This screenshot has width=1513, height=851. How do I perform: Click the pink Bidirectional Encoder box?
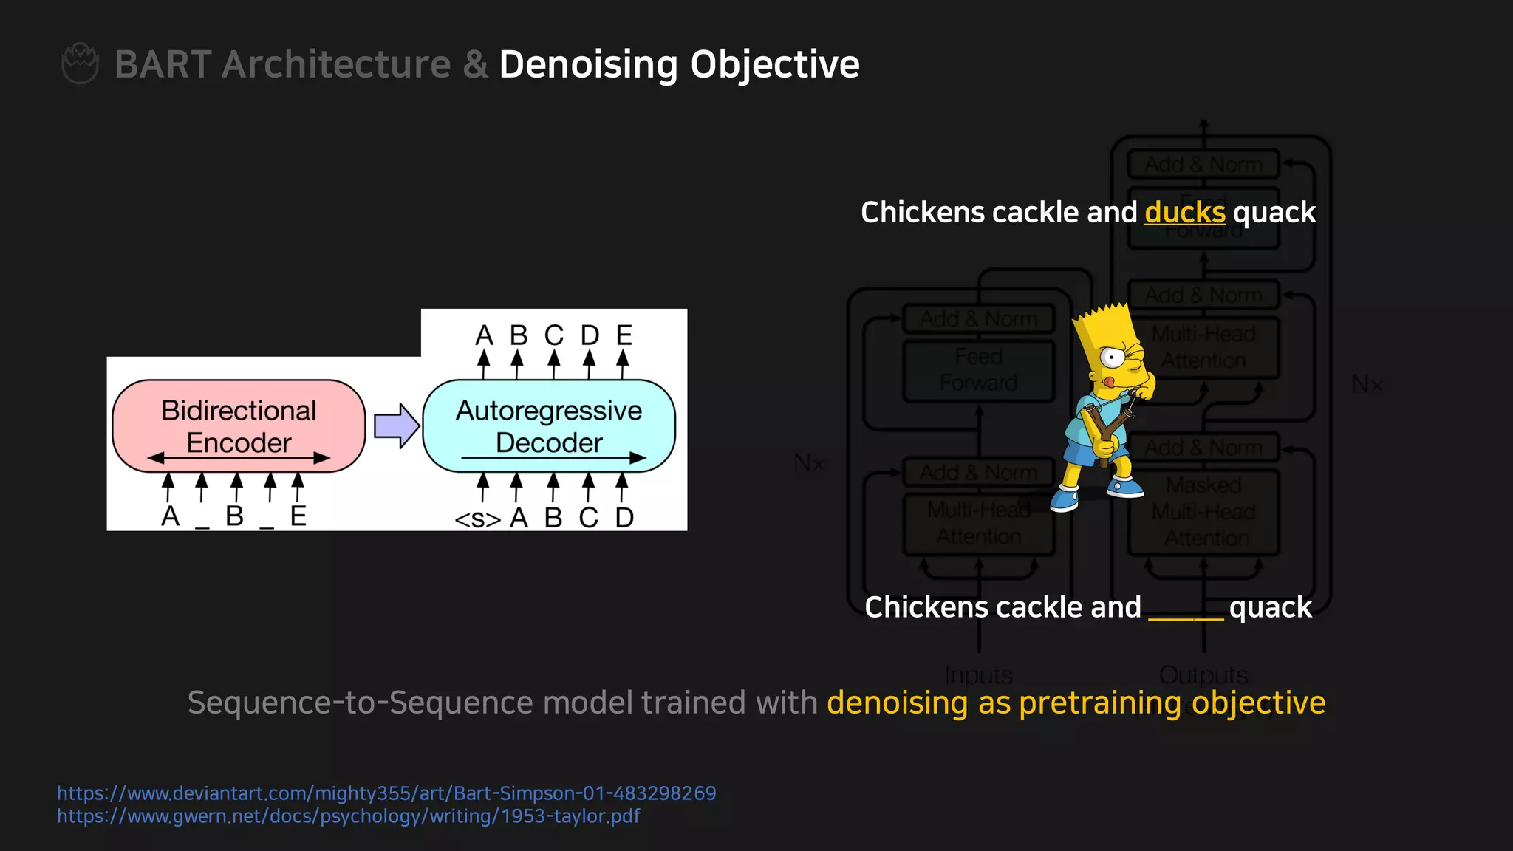click(239, 425)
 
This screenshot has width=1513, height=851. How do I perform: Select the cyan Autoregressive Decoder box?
click(549, 425)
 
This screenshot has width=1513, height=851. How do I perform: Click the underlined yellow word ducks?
click(1184, 213)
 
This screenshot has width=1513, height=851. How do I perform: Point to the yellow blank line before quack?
click(1185, 618)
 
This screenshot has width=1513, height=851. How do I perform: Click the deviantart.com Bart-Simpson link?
click(386, 793)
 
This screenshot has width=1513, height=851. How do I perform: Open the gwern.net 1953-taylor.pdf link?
click(348, 816)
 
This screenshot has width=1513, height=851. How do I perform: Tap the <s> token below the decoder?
click(477, 519)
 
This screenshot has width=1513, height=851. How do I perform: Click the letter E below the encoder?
click(298, 516)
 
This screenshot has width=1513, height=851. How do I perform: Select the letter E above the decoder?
click(624, 335)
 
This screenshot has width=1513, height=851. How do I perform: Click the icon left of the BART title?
click(80, 64)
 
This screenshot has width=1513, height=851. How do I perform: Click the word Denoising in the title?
click(588, 64)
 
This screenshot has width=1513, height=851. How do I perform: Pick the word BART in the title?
click(163, 64)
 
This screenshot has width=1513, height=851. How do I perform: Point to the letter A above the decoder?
click(484, 335)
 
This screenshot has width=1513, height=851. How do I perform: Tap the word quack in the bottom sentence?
click(1270, 607)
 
